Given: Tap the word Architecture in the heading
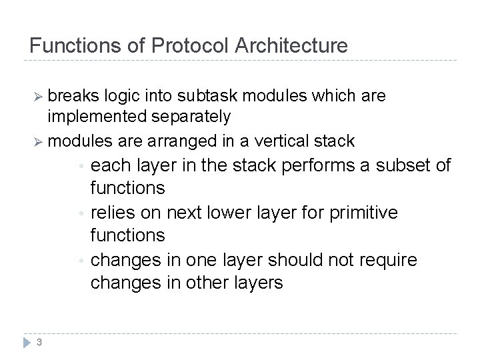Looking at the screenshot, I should pos(290,46).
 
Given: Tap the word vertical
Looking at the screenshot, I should pos(289,141).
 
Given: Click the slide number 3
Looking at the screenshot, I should pos(40,343).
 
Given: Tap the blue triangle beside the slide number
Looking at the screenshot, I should pos(26,342).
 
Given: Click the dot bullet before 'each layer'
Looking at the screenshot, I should pos(80,166).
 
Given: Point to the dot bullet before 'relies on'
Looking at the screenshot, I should pos(80,213).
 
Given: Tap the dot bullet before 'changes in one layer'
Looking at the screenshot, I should pos(80,260).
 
